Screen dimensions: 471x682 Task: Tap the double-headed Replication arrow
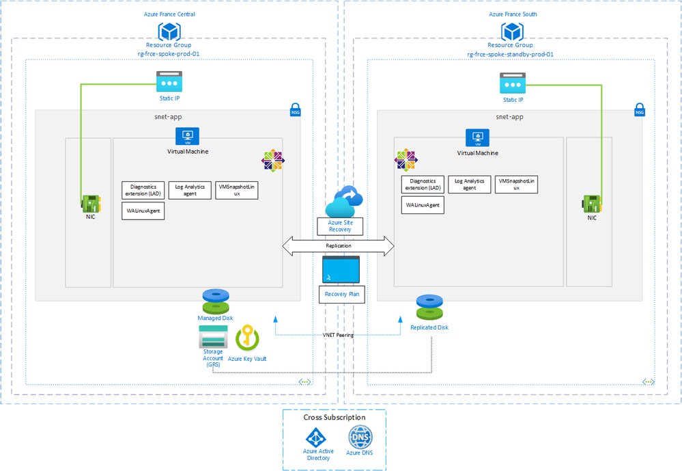coord(339,246)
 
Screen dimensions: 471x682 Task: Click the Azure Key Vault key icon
coord(246,338)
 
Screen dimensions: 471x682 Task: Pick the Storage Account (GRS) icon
coord(212,336)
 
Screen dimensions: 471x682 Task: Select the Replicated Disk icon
coord(429,308)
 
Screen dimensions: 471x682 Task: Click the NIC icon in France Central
coord(89,204)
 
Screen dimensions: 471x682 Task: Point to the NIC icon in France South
coord(591,204)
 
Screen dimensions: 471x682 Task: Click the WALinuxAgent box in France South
coord(423,204)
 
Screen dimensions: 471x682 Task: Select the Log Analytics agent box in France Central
coord(189,190)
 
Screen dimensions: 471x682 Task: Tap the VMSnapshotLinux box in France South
coord(516,183)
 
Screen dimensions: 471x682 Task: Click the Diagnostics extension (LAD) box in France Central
coord(143,190)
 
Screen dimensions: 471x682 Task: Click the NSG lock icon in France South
coord(639,109)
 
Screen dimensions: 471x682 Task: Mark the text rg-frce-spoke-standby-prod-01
coord(511,54)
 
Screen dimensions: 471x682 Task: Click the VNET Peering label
coord(338,335)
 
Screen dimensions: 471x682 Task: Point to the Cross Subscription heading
coord(335,417)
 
